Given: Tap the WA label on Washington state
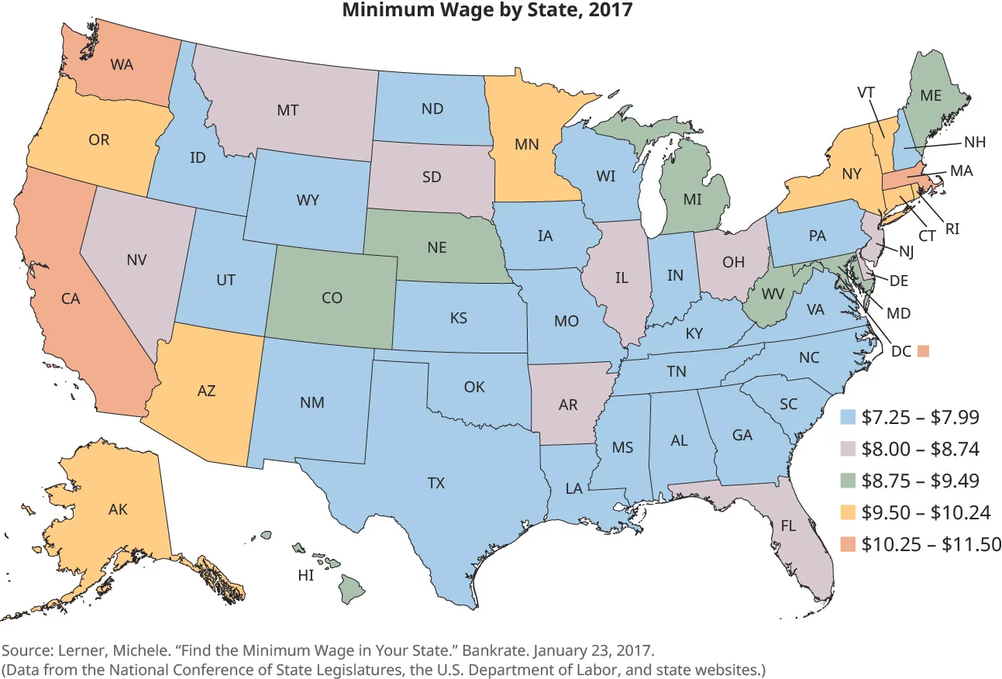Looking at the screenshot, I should [x=122, y=64].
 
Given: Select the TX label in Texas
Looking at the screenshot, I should [x=436, y=483].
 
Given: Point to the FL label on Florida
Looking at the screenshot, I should [x=788, y=524].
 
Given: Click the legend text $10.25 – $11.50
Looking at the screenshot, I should [x=931, y=544].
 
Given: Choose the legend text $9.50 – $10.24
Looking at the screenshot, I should [x=931, y=512].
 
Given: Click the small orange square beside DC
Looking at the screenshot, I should [x=923, y=350].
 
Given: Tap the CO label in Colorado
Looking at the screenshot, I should [x=332, y=297].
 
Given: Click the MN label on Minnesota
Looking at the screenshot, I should [x=527, y=143].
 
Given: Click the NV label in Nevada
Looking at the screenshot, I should [x=137, y=260].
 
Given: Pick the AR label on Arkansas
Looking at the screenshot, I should [x=568, y=404].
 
